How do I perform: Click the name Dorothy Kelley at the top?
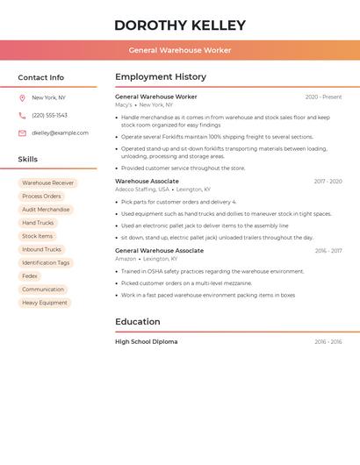click(180, 25)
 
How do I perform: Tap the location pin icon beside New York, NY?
click(22, 98)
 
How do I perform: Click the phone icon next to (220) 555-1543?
click(22, 116)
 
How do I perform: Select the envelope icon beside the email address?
click(22, 133)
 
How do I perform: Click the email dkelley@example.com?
click(60, 133)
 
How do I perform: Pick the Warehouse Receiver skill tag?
click(48, 183)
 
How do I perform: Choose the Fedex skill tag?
click(30, 276)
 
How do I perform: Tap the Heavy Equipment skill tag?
click(45, 303)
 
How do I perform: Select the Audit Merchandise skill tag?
click(46, 210)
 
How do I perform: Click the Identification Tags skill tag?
click(46, 263)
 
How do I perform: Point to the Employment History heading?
click(161, 77)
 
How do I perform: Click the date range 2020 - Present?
click(323, 97)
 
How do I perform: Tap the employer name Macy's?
click(124, 105)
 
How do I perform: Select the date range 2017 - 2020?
click(328, 182)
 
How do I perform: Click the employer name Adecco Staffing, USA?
click(142, 189)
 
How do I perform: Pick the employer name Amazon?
click(126, 259)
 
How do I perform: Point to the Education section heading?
click(138, 322)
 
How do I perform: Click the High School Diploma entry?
click(146, 342)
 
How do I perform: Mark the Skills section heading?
click(28, 160)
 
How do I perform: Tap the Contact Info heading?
click(41, 77)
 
